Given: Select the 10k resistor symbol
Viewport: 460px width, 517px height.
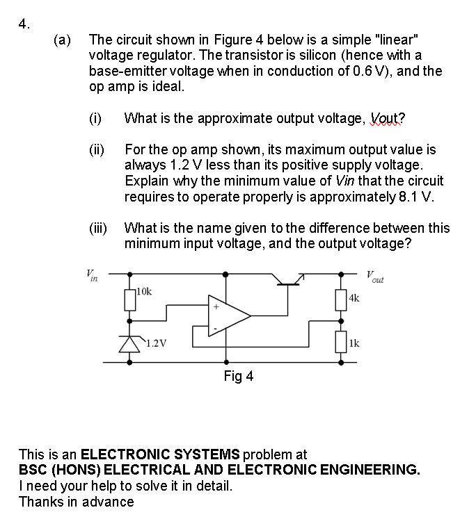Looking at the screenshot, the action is coord(130,300).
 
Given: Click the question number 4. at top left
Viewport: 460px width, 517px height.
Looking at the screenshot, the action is coord(24,24).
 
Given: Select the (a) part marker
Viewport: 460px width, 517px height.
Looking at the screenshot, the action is coord(63,40).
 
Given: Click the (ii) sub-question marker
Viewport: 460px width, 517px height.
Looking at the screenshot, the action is coord(97,149).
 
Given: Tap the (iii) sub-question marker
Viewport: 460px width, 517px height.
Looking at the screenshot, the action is coord(98,228).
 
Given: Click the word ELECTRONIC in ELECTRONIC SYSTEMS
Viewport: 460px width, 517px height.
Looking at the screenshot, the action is coord(116,455).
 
